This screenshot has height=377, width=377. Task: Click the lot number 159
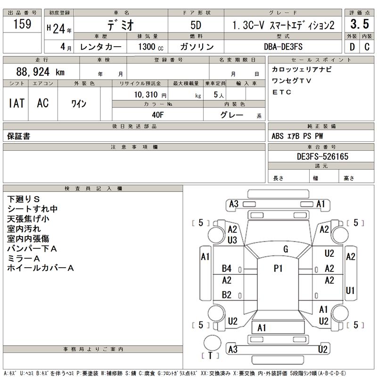[22, 24]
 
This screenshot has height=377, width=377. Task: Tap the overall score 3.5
[360, 24]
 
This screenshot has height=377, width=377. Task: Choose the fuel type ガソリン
[197, 47]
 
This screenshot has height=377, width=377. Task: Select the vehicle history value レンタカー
[101, 47]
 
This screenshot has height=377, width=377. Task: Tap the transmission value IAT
[16, 104]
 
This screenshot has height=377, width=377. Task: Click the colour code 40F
[157, 115]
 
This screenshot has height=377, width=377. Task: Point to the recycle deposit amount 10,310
[147, 95]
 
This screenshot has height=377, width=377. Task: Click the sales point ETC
[282, 92]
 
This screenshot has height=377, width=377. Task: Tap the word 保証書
[19, 136]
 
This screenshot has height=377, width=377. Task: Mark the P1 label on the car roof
[278, 268]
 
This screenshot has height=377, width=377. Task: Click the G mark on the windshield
[286, 249]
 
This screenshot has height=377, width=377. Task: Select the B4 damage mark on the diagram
[227, 269]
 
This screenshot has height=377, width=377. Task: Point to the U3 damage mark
[232, 240]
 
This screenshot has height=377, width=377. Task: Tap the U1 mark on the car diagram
[350, 290]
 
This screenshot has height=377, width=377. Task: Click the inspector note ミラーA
[24, 258]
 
